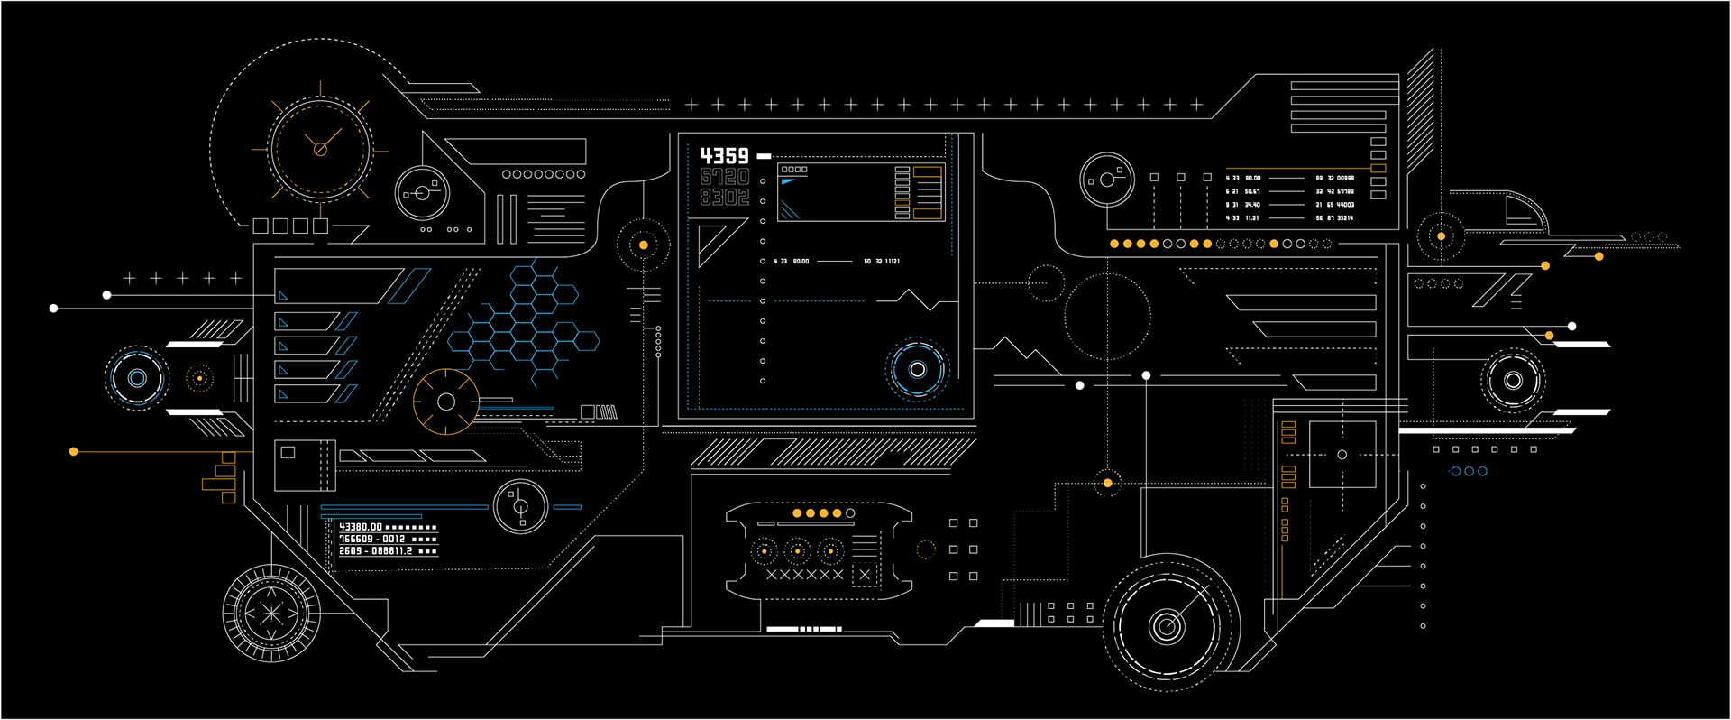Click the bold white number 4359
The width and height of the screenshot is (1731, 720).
coord(724,156)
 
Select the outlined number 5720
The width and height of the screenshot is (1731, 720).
coord(724,177)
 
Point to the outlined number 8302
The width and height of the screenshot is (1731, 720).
coord(724,197)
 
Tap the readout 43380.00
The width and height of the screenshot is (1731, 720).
coord(361,527)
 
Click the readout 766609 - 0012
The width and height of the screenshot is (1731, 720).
coord(371,539)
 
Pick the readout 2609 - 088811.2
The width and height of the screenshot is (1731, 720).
coord(375,550)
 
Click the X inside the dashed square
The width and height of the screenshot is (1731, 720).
coord(865,575)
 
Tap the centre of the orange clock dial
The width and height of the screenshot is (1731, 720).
coord(320,149)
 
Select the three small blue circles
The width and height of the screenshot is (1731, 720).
coord(1469,471)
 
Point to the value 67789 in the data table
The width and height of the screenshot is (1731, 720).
coord(1344,191)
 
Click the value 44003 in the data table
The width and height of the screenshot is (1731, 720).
coord(1344,205)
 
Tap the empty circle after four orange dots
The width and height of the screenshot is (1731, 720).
coord(850,513)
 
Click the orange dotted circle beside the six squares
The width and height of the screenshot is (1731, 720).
coord(926,549)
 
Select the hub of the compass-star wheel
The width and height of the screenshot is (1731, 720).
coord(271,614)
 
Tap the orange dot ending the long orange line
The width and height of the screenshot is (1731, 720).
coord(74,451)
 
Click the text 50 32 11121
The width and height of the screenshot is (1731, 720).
coord(881,262)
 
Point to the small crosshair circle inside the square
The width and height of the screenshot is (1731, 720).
coord(1342,455)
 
